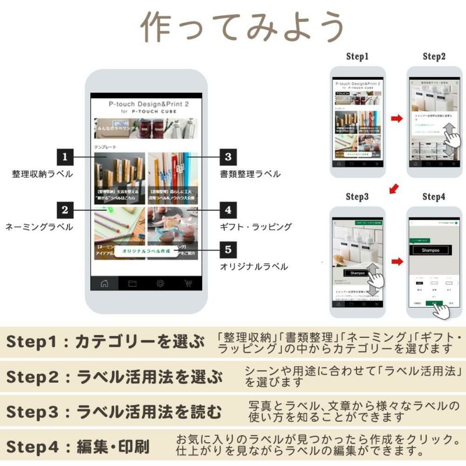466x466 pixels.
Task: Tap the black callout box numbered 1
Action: (x=65, y=157)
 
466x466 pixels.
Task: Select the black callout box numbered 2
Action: (x=65, y=210)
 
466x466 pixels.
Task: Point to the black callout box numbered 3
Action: (x=228, y=157)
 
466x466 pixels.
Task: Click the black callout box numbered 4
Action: (x=228, y=210)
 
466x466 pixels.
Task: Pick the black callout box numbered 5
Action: (x=228, y=250)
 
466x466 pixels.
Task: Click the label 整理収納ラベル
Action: (x=43, y=174)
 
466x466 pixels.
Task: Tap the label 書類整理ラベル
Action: (x=250, y=174)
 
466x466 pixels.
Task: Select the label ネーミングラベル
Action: (x=39, y=227)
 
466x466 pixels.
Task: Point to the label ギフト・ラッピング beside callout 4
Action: (x=255, y=227)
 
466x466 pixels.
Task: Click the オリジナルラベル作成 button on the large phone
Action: (x=146, y=251)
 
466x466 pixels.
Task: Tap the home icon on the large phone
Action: (x=105, y=284)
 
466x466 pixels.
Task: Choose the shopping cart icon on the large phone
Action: (x=188, y=284)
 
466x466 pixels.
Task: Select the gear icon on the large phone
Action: (x=160, y=284)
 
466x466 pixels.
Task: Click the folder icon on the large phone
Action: (x=132, y=284)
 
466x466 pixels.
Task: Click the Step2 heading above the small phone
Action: (x=434, y=57)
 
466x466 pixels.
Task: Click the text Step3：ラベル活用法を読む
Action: (x=114, y=412)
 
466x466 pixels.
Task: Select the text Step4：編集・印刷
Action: (x=78, y=447)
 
